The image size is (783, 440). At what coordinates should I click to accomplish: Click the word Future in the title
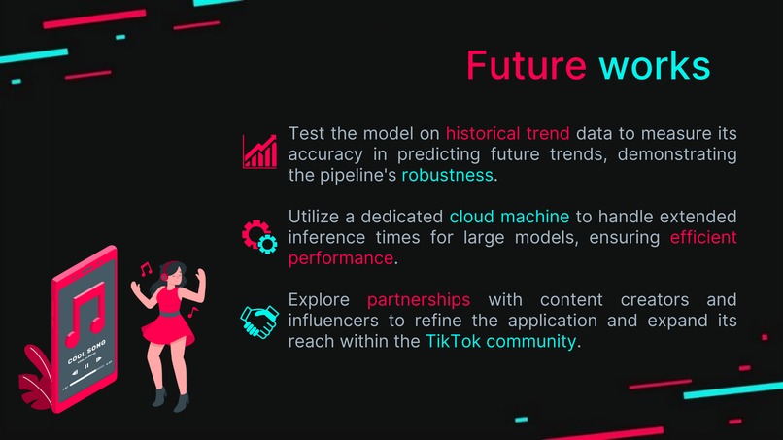(x=526, y=65)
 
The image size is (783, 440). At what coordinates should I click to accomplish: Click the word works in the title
(x=654, y=65)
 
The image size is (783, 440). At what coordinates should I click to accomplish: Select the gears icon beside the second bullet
(x=259, y=235)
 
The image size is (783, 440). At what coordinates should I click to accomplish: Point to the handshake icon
(x=259, y=321)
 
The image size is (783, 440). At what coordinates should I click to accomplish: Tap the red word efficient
(x=703, y=237)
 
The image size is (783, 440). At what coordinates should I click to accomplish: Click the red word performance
(x=341, y=258)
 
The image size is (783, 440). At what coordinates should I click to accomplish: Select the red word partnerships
(x=419, y=298)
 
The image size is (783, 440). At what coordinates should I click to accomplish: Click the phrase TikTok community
(x=500, y=341)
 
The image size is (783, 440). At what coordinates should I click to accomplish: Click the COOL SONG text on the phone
(x=85, y=357)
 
